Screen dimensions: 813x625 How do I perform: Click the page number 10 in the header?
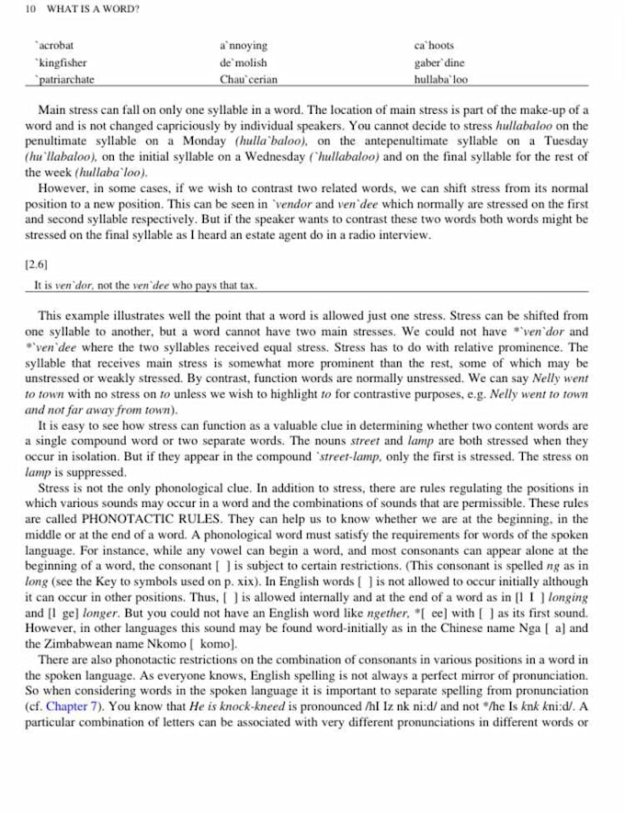coord(30,9)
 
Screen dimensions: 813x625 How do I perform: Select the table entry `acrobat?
coord(55,45)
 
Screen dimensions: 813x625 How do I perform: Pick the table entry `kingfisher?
coord(60,62)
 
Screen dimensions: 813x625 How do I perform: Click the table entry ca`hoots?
coord(434,45)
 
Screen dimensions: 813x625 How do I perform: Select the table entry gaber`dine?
coord(439,62)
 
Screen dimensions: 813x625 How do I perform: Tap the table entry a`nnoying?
coord(244,45)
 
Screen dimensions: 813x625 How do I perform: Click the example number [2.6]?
coord(37,264)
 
